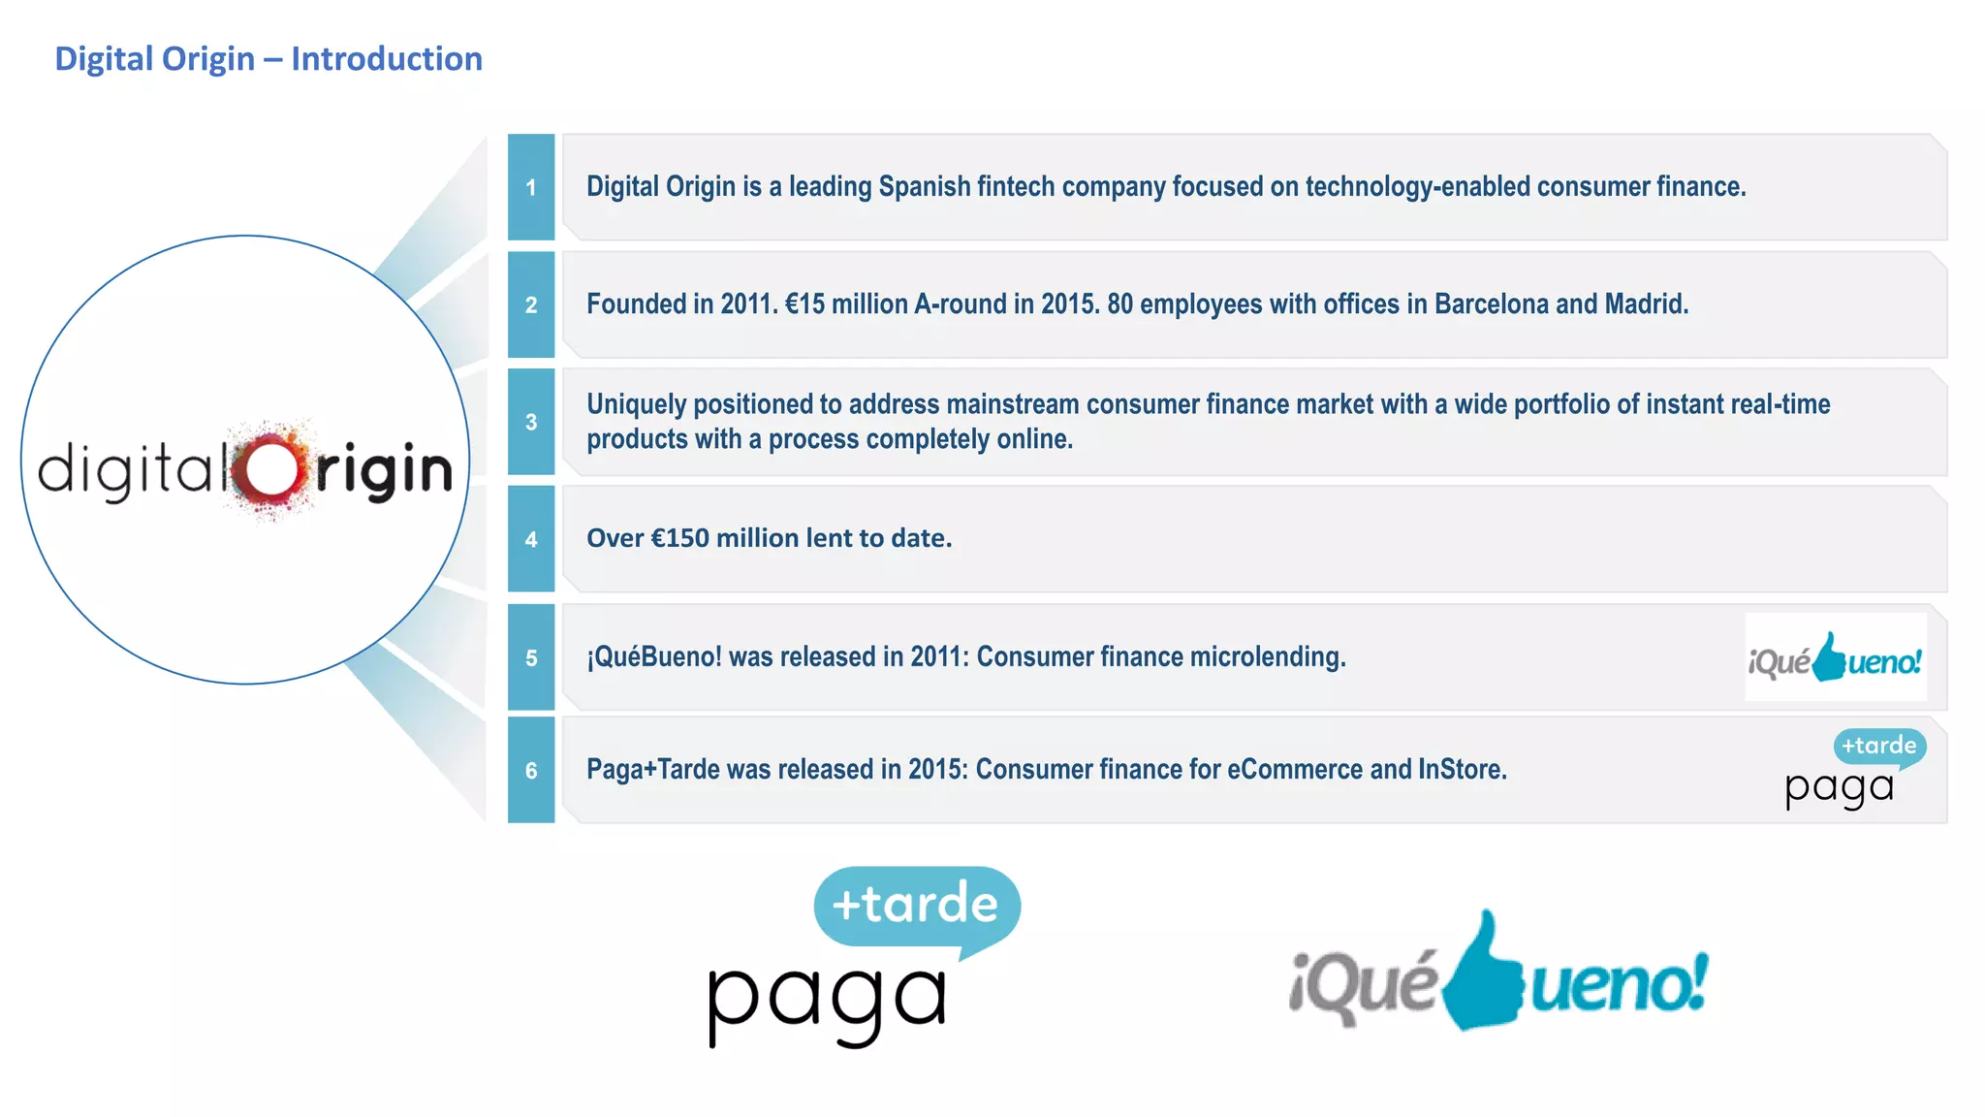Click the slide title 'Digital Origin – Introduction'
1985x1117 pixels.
(x=268, y=59)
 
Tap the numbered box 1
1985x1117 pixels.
(x=531, y=187)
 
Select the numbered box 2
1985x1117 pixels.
(x=531, y=304)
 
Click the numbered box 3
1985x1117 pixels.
(x=531, y=422)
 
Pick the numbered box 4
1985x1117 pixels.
(x=531, y=539)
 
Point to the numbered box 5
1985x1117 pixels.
(x=531, y=657)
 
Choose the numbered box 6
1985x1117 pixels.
(x=531, y=770)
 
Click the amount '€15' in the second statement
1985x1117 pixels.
(x=804, y=304)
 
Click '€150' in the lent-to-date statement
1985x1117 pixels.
(x=679, y=538)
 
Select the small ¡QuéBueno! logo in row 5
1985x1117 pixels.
(x=1835, y=658)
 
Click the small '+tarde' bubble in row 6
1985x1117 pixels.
(x=1878, y=747)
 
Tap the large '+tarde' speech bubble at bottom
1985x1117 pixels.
(x=916, y=905)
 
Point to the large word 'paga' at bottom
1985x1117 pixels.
(x=827, y=999)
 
